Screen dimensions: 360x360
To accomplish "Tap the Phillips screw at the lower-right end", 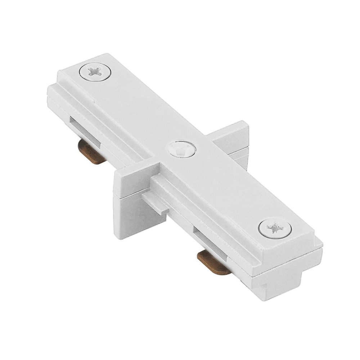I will pos(275,228).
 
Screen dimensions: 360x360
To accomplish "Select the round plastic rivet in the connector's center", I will pos(181,149).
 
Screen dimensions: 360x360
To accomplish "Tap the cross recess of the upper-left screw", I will pos(95,71).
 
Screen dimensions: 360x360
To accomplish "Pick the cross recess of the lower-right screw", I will pos(275,228).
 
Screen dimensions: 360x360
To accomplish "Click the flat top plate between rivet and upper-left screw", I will pos(137,108).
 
